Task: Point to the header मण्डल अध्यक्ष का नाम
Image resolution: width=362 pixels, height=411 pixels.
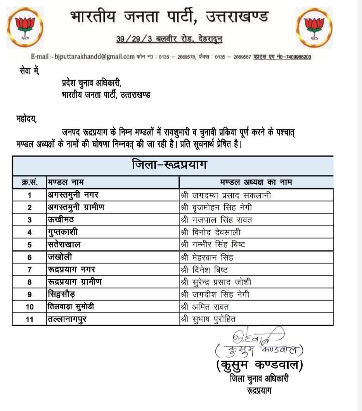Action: click(256, 182)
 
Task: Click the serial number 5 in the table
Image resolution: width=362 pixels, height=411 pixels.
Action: click(29, 245)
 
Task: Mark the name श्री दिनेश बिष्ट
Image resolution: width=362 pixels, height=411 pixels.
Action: click(206, 270)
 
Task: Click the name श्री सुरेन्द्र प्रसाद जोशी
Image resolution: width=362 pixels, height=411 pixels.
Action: click(221, 282)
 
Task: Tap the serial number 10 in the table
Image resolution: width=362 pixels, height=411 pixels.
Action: click(29, 307)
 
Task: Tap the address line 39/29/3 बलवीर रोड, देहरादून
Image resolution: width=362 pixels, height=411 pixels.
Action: click(170, 39)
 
